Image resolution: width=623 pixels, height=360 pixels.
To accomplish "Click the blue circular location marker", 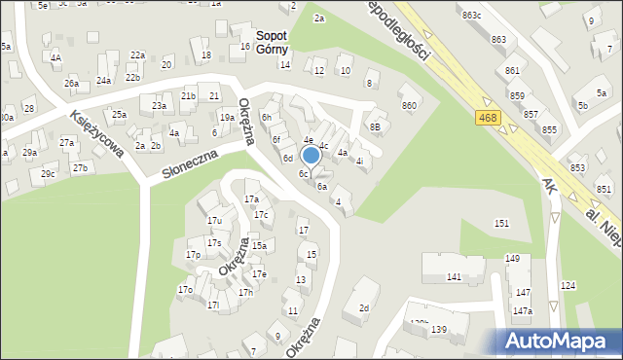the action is tap(311, 155).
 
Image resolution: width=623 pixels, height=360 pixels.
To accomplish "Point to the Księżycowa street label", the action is tap(94, 134).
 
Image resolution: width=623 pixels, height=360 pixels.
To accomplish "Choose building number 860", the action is tap(409, 105).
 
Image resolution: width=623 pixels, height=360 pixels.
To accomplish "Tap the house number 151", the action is tap(501, 224).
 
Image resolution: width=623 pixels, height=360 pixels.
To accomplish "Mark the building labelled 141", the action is tap(454, 277).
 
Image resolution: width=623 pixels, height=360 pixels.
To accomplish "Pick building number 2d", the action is tap(364, 308).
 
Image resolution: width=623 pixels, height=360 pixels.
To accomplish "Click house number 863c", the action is tap(472, 16).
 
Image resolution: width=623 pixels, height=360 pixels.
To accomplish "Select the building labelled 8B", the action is tap(375, 126).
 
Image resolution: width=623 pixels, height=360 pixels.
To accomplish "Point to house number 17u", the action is tap(214, 221).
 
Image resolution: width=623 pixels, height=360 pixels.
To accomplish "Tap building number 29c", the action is tap(48, 174).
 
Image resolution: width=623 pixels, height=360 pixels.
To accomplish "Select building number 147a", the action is tap(523, 310).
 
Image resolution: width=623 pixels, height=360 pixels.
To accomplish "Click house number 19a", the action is tap(227, 118).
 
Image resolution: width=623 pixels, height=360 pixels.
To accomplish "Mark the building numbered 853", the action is tap(577, 167).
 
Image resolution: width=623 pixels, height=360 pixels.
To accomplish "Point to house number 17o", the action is tap(185, 289).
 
